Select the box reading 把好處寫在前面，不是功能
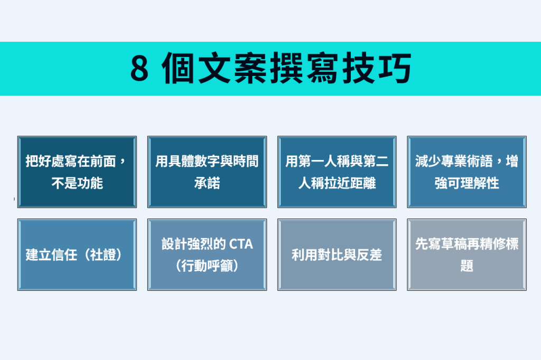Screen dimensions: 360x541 [77, 172]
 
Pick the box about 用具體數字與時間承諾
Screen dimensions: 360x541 [207, 172]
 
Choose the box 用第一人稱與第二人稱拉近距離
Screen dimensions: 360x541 [337, 172]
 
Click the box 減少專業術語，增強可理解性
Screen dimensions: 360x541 [467, 172]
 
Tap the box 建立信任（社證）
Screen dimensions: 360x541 [77, 254]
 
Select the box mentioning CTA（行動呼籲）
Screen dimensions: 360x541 [207, 254]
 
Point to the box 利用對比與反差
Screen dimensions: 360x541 [337, 254]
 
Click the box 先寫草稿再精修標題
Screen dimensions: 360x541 [467, 254]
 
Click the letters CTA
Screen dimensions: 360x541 [241, 244]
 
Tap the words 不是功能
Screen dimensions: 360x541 [77, 183]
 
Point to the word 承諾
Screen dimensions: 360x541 [207, 183]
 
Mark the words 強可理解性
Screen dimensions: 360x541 [467, 183]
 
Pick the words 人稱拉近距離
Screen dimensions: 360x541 [337, 183]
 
